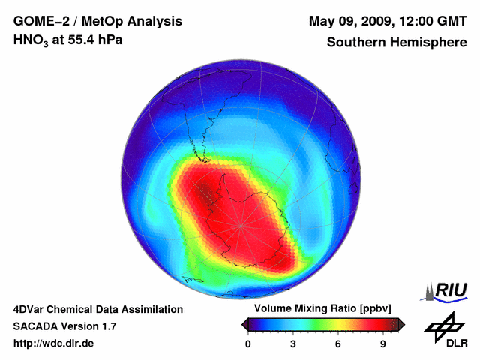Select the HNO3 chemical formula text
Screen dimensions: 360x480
(x=31, y=40)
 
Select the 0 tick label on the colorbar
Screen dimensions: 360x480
(x=248, y=344)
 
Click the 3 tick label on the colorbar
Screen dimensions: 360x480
(x=293, y=344)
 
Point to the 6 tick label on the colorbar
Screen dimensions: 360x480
(x=338, y=344)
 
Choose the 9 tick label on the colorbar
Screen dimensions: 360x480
(x=382, y=344)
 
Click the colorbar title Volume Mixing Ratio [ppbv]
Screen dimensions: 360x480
(x=323, y=309)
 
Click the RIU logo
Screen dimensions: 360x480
(x=448, y=290)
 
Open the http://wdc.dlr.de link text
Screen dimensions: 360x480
(x=54, y=343)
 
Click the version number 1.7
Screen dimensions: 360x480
(x=106, y=326)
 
